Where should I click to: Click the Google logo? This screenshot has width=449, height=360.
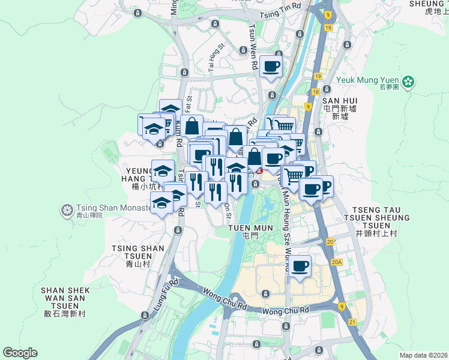click(x=20, y=353)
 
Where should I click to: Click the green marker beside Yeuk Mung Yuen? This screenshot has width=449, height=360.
click(x=408, y=80)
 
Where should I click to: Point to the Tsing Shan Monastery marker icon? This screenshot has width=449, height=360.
click(x=66, y=210)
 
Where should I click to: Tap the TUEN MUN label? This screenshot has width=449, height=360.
click(x=250, y=229)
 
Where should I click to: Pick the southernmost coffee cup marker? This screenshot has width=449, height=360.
click(x=300, y=266)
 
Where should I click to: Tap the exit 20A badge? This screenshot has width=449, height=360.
click(x=336, y=262)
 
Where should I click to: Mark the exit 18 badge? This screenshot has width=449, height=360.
click(x=327, y=28)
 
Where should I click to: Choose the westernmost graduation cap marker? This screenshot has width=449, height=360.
click(x=152, y=128)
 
